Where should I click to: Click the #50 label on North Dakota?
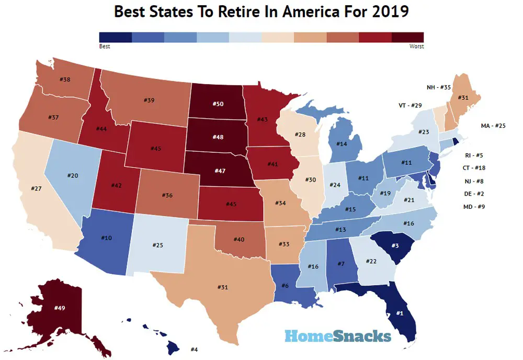coord(218,104)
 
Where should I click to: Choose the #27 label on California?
coord(36,188)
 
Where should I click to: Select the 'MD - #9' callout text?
coord(475,207)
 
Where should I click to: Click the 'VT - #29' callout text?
coord(410,106)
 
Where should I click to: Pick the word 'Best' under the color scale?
coord(104,47)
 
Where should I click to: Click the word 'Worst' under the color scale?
coord(417,47)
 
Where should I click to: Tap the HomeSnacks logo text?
coord(338,335)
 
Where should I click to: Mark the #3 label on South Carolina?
coord(396,245)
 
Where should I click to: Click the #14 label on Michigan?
coord(342,144)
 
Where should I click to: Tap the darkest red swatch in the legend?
coord(408,37)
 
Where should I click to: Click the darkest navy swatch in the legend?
coord(115,37)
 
